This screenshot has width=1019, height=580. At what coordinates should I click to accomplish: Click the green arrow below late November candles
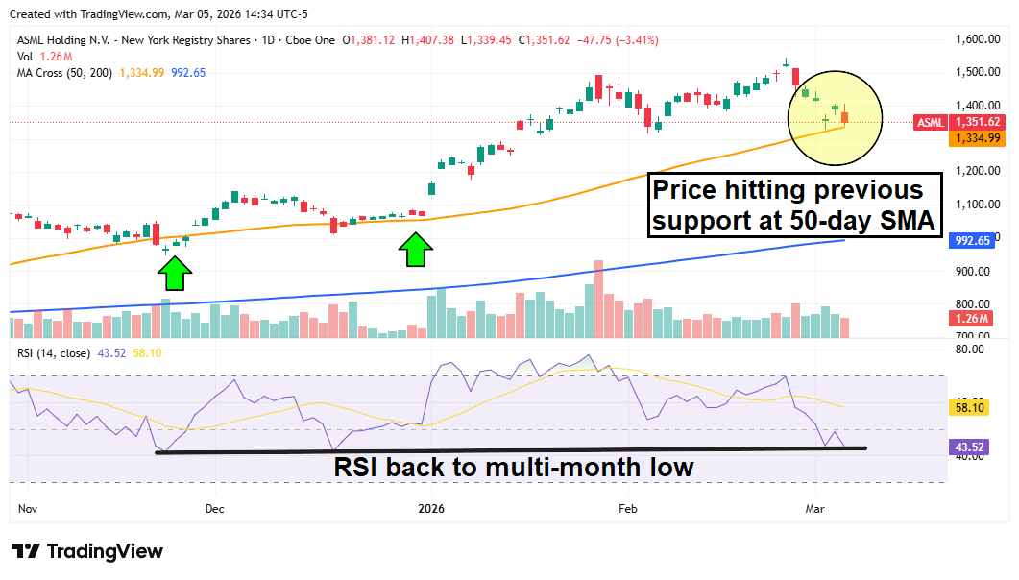[174, 275]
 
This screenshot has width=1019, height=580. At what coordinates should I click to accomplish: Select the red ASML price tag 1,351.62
[976, 122]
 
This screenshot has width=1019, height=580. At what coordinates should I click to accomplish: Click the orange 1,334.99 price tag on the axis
[976, 138]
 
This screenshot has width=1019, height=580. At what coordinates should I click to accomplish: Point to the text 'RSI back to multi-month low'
[513, 468]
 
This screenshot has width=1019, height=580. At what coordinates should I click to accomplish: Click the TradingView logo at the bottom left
[87, 551]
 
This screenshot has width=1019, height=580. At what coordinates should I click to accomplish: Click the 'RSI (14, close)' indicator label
[54, 353]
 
